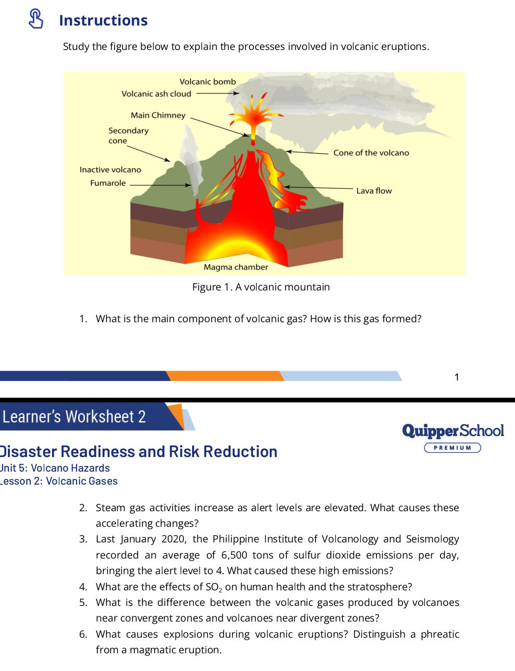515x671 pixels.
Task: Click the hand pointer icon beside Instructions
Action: tap(36, 19)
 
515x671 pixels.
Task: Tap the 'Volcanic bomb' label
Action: tap(207, 82)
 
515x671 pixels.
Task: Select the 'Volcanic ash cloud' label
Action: tap(156, 94)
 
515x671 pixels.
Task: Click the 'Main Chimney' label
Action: tap(158, 115)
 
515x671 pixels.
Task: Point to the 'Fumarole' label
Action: tap(108, 183)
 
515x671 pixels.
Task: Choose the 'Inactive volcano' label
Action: tap(110, 170)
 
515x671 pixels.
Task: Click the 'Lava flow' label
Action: tap(374, 191)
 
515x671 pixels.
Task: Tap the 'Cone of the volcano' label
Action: tap(371, 153)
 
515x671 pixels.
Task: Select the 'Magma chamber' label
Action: tap(236, 267)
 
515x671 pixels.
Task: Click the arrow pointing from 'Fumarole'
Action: tap(160, 185)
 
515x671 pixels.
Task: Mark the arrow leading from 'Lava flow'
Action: tap(318, 187)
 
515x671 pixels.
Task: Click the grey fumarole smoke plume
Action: tap(192, 160)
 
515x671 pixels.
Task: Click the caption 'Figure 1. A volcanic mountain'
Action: tap(261, 287)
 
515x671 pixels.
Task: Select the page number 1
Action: tap(457, 377)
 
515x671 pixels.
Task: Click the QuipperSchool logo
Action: tap(453, 431)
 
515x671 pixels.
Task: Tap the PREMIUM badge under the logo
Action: tap(453, 448)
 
